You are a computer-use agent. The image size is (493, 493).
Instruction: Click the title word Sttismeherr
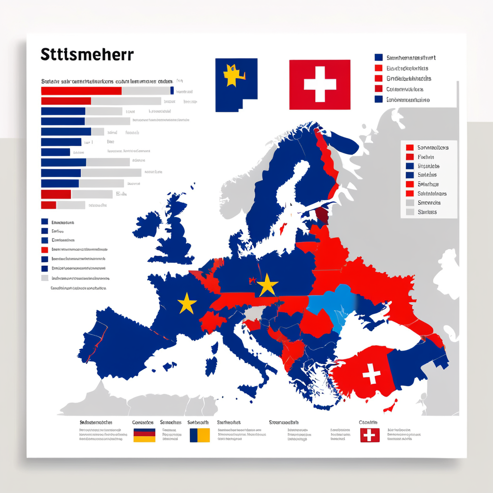coord(87,54)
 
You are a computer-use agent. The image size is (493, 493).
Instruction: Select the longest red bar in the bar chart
coord(81,91)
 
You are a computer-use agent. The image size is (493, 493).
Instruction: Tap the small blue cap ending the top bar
coord(172,91)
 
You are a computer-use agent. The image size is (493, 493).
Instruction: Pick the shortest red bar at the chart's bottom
coord(49,205)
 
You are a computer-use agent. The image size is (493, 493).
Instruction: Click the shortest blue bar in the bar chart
coord(55,152)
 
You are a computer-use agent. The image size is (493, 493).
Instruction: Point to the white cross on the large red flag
coord(320,84)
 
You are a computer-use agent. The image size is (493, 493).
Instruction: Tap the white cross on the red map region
coord(371,374)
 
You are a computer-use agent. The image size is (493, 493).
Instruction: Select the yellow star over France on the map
coord(187,304)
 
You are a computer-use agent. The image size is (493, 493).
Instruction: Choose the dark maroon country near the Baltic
coord(322,215)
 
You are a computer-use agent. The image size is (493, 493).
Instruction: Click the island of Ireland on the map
coord(147,224)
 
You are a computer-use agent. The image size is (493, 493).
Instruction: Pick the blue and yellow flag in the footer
coord(200,435)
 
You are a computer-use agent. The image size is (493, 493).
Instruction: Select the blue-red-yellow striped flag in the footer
coord(144,435)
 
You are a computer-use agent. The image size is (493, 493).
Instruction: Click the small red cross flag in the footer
coord(370,435)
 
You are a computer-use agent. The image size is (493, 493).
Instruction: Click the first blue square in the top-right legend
coord(378,58)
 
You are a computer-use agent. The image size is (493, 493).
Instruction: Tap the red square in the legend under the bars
coord(45,250)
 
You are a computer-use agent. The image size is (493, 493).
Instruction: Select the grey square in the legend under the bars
coord(45,278)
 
